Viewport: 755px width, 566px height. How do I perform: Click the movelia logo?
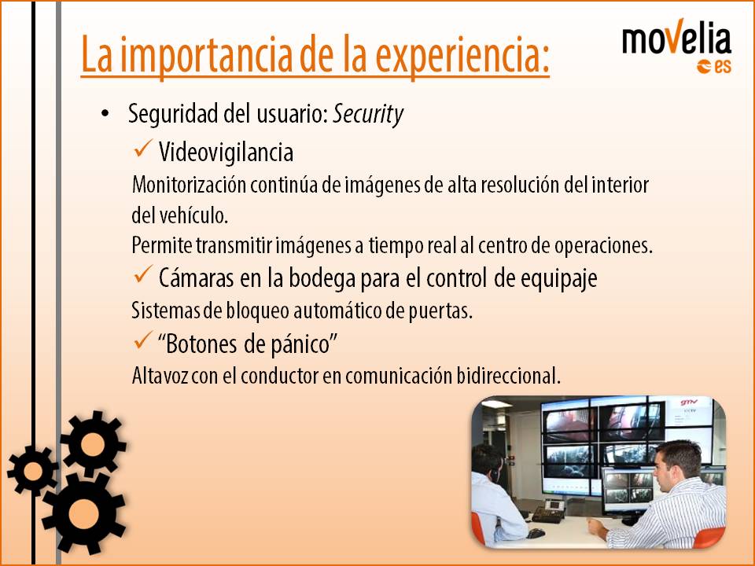click(676, 46)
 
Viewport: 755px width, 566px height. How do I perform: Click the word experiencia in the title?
click(462, 54)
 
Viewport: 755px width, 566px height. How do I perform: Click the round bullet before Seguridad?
click(105, 114)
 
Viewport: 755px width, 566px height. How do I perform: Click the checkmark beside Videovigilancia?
click(143, 149)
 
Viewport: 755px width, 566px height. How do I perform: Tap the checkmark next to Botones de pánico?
click(143, 340)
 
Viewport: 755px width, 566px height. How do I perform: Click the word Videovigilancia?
click(226, 153)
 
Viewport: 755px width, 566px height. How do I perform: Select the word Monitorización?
click(189, 185)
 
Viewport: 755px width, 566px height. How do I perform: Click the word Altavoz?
click(160, 376)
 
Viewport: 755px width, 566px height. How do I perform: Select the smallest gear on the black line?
click(32, 471)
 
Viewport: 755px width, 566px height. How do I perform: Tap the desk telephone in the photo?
click(549, 511)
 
